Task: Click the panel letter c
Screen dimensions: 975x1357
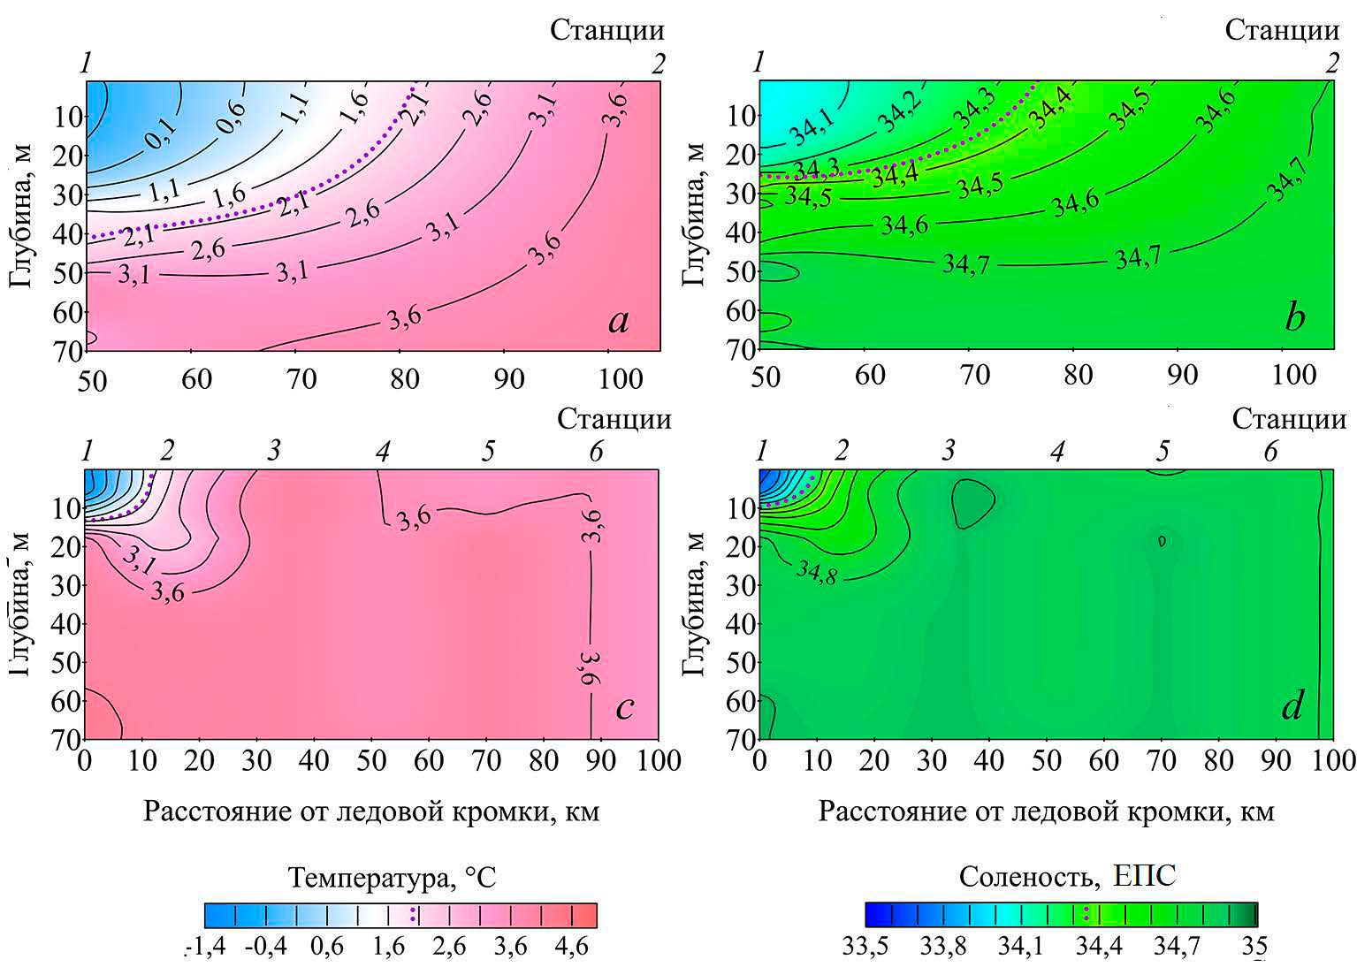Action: pyautogui.click(x=625, y=708)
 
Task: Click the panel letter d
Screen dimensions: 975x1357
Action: pyautogui.click(x=1292, y=707)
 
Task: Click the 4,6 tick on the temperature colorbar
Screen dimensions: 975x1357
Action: pyautogui.click(x=570, y=948)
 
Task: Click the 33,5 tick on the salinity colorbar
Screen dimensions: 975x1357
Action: pyautogui.click(x=865, y=948)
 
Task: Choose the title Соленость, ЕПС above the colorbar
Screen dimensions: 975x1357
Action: pyautogui.click(x=1067, y=877)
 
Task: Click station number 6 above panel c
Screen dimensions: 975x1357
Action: pyautogui.click(x=596, y=453)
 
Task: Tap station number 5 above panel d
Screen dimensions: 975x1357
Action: pyautogui.click(x=1162, y=453)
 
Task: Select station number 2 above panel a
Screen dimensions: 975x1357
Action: pyautogui.click(x=658, y=64)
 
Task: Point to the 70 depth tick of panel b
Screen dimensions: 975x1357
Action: pyautogui.click(x=742, y=350)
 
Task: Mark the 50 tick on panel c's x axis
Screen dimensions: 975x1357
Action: pyautogui.click(x=371, y=761)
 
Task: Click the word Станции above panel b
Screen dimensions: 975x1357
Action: pyautogui.click(x=1282, y=31)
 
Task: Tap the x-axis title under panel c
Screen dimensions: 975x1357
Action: pyautogui.click(x=371, y=811)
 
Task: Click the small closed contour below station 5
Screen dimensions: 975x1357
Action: pyautogui.click(x=1162, y=540)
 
